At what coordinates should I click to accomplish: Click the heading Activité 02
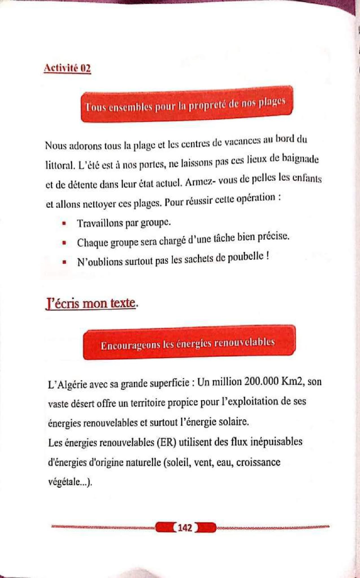click(67, 69)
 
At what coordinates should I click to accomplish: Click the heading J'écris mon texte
click(91, 304)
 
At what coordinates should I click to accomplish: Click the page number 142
click(185, 527)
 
